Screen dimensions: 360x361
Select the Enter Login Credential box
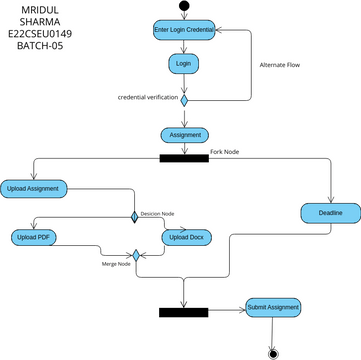[183, 31]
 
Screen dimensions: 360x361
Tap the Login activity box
[183, 63]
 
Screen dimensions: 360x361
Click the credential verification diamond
[184, 99]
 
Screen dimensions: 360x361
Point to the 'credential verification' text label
[148, 98]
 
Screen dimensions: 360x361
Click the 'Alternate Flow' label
[280, 65]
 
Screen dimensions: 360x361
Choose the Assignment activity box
[183, 135]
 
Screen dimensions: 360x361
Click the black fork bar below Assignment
[183, 156]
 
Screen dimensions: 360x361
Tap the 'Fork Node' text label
[225, 151]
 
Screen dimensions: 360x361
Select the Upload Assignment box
[33, 187]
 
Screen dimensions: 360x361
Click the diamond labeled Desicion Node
[134, 215]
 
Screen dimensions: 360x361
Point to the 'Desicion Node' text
[157, 212]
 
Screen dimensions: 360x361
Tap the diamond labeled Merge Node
[134, 256]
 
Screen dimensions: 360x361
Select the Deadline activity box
[330, 212]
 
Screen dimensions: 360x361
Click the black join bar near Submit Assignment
[183, 312]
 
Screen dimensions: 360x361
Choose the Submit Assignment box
[271, 307]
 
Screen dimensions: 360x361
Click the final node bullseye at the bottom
[271, 352]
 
